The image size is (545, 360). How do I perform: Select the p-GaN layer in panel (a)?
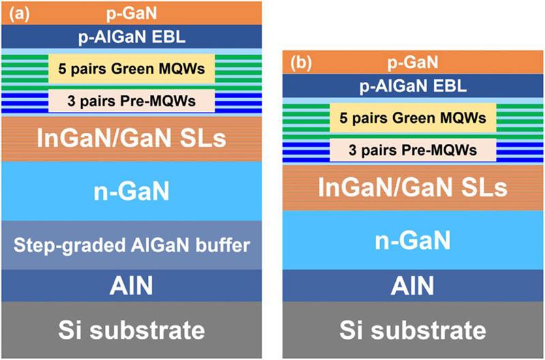pyautogui.click(x=131, y=12)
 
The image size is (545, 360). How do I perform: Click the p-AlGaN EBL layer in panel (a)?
pyautogui.click(x=131, y=36)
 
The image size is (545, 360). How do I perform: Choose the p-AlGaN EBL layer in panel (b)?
pyautogui.click(x=411, y=86)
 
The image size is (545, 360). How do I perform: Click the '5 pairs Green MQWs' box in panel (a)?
pyautogui.click(x=131, y=69)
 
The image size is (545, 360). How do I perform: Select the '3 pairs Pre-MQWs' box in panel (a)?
pyautogui.click(x=131, y=101)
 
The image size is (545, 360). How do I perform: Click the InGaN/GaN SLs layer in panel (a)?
pyautogui.click(x=131, y=139)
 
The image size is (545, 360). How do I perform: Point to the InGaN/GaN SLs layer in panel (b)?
pyautogui.click(x=411, y=187)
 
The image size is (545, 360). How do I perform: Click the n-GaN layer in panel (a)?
pyautogui.click(x=131, y=192)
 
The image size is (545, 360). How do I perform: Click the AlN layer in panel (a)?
pyautogui.click(x=131, y=286)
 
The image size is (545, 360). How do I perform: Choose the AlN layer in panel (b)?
pyautogui.click(x=411, y=286)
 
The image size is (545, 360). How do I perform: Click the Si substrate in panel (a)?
pyautogui.click(x=131, y=331)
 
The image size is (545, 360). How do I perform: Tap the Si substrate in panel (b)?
pyautogui.click(x=411, y=331)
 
